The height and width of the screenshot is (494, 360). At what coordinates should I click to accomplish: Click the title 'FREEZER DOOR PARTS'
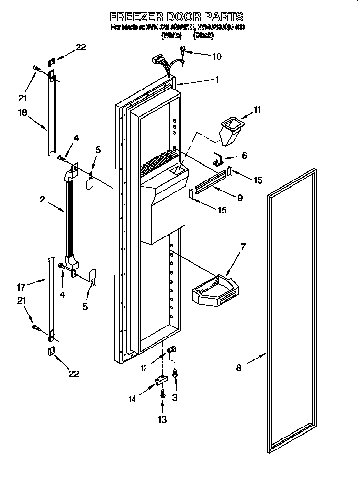[177, 17]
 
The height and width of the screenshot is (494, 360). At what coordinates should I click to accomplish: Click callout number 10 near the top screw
[216, 56]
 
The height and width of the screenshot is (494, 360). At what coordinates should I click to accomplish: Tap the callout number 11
[257, 110]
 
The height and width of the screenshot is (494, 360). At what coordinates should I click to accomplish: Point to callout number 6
[244, 156]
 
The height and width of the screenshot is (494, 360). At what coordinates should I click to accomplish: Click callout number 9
[239, 197]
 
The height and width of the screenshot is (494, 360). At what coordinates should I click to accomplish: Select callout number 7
[243, 247]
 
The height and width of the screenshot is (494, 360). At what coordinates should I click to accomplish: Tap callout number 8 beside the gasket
[239, 368]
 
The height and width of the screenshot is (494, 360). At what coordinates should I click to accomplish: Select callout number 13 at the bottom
[162, 420]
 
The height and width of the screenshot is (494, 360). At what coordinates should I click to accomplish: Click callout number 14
[133, 398]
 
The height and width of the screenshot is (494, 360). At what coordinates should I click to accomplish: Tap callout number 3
[175, 397]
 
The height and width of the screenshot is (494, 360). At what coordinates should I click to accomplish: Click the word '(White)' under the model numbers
[171, 35]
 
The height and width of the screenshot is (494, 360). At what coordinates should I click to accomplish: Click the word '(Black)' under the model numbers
[203, 35]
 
